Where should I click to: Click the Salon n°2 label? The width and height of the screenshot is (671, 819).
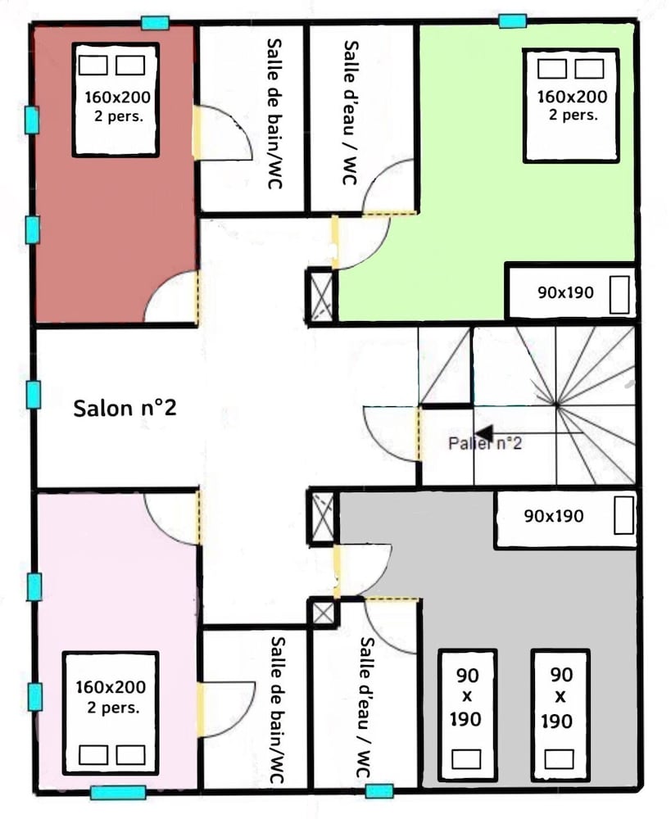coord(125,408)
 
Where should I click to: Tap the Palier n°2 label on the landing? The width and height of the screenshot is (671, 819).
coord(485,443)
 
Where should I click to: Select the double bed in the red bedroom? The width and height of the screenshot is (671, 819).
coord(116,100)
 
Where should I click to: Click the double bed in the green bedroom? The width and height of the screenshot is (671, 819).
coord(571,106)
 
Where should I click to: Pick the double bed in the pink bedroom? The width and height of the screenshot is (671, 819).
coord(111,713)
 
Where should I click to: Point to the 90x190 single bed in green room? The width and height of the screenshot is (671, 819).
coord(571,292)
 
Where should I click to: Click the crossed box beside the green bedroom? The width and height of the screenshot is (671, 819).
coord(321,296)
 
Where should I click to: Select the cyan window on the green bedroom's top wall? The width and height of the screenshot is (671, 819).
coord(512,21)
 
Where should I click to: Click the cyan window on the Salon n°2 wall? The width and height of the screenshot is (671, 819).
coord(33,395)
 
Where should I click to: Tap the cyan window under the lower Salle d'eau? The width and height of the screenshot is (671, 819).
coord(379,791)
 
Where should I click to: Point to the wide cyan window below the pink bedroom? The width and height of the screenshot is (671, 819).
coord(118,792)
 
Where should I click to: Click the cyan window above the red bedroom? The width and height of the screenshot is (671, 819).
coord(155,23)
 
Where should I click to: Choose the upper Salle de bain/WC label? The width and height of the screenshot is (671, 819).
coord(275,113)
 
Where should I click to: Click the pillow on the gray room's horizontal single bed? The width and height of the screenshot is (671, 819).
coord(623,514)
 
